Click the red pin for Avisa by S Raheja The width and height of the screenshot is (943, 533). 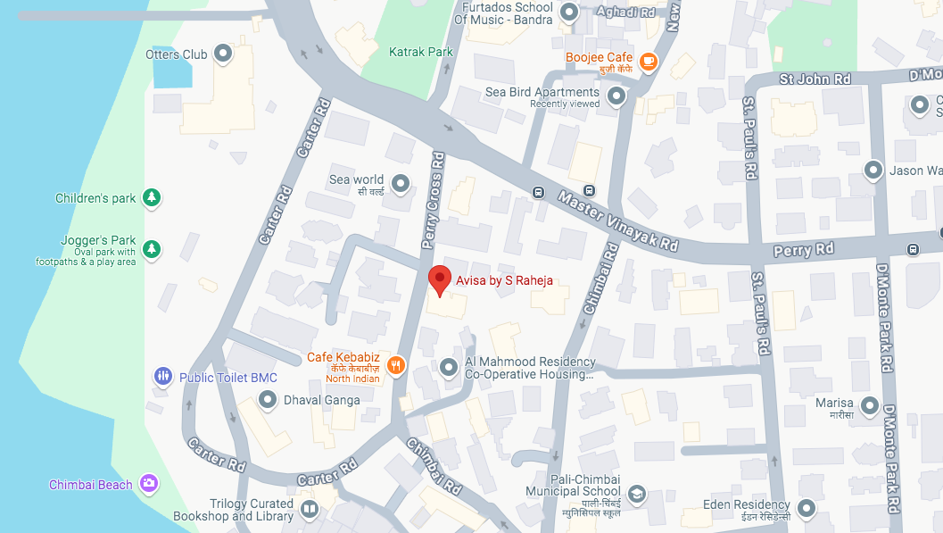(x=439, y=279)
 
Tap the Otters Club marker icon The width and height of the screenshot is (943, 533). (x=223, y=54)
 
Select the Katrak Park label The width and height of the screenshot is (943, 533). (x=421, y=52)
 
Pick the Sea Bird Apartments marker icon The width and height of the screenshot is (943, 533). (x=616, y=96)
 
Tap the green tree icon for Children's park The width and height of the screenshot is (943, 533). (x=153, y=197)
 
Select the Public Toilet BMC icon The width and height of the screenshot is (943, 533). (x=162, y=377)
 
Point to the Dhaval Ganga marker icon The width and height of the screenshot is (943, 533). (x=267, y=400)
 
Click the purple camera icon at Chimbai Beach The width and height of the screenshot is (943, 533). (x=148, y=484)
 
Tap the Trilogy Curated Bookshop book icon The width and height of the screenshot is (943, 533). (x=310, y=509)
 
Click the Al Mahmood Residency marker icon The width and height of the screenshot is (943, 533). (x=449, y=367)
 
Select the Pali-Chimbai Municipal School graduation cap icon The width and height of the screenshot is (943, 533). (x=636, y=493)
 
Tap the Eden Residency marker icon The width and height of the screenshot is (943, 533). (x=807, y=509)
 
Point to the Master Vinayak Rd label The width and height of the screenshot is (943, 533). (x=618, y=220)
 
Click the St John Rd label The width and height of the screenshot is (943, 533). (x=815, y=79)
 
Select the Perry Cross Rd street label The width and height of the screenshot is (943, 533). (x=433, y=199)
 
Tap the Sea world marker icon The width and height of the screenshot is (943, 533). (x=401, y=184)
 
